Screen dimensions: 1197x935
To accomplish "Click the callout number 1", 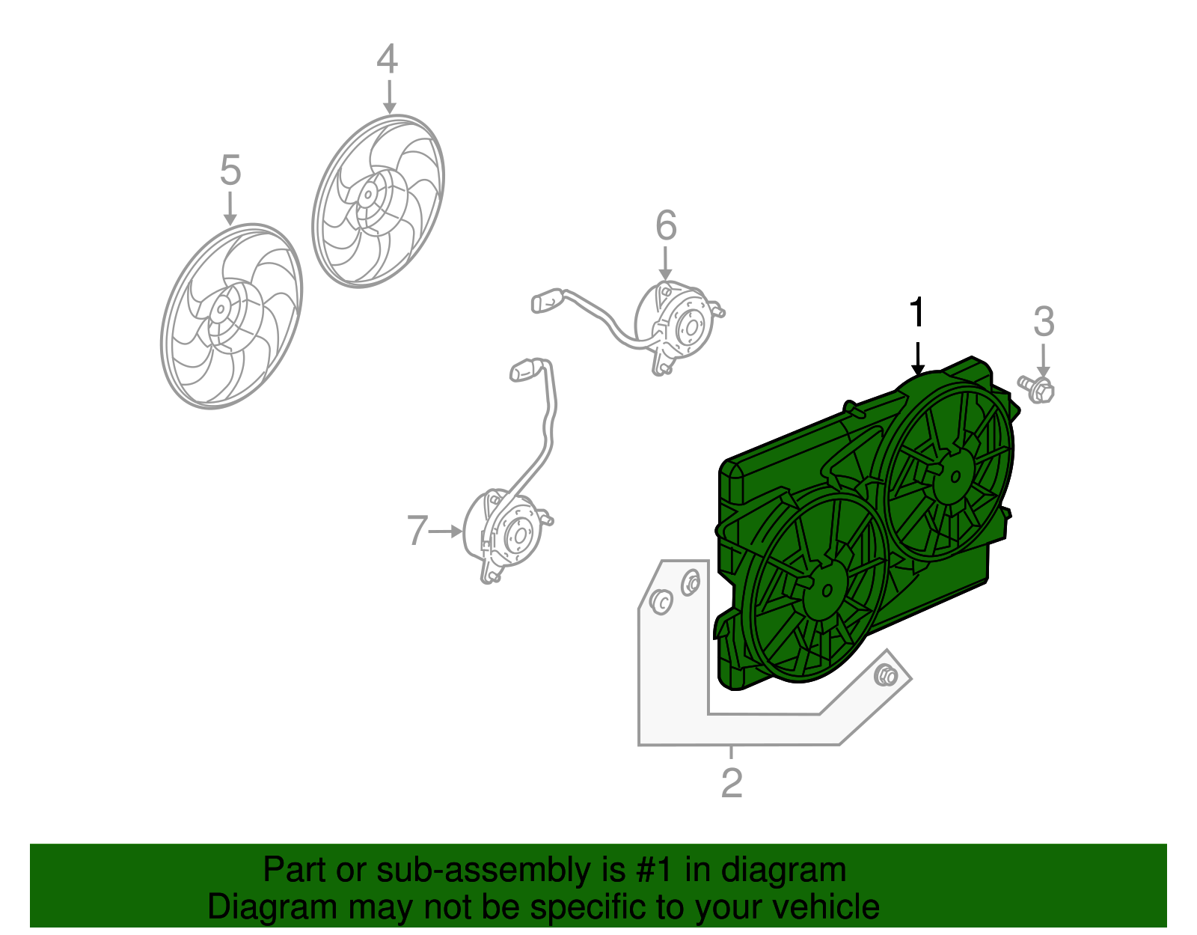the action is [916, 312].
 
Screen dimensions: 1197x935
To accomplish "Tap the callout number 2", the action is [732, 783].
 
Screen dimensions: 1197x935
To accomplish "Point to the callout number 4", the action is [388, 58].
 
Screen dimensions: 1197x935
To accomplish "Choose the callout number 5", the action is [230, 170].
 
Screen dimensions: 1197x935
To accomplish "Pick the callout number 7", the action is [417, 530].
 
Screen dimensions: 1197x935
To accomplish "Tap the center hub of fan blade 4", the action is [367, 195].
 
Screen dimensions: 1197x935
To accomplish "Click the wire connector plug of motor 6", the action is [546, 301].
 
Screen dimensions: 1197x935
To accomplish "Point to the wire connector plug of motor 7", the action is [523, 370].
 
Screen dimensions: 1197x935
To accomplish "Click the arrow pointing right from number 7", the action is [445, 532].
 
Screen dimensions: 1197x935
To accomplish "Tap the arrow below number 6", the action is [665, 264].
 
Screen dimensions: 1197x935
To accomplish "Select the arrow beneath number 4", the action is [390, 97].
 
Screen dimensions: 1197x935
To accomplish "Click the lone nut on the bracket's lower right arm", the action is [885, 675].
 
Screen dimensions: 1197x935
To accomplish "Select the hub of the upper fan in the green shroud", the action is [955, 476].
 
